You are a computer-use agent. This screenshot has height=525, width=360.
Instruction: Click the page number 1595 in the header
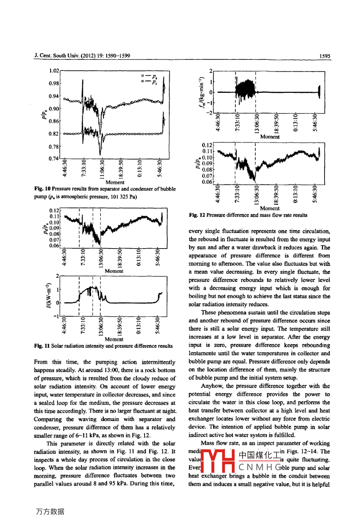point(325,56)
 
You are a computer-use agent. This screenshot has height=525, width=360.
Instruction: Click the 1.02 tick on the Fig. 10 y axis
point(54,71)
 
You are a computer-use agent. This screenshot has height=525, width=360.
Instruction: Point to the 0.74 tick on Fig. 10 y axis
point(54,159)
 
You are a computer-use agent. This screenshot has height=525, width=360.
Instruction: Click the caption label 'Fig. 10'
point(42,189)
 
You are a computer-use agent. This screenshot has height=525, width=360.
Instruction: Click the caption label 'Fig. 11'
point(42,346)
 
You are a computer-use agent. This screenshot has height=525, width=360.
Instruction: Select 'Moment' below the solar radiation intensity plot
point(114,339)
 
